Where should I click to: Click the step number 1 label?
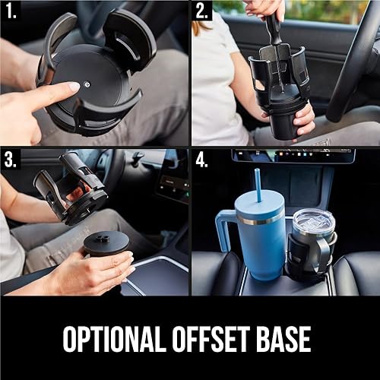(x=11, y=11)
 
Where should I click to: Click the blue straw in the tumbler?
(x=258, y=182)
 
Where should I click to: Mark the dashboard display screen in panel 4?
(x=293, y=155)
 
